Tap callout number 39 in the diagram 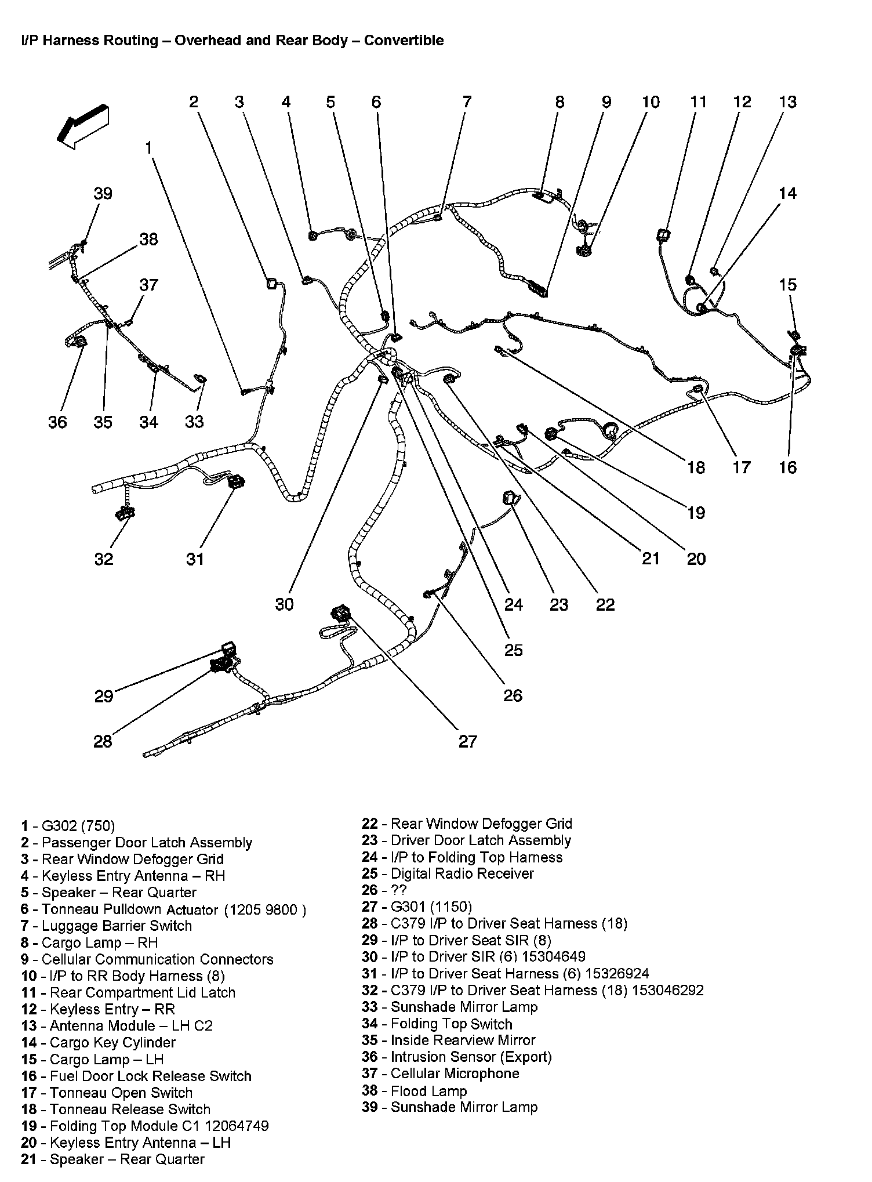[x=103, y=194]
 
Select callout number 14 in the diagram [x=787, y=194]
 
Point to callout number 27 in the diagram [x=467, y=741]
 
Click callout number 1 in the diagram [x=148, y=148]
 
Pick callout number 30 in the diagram [x=284, y=604]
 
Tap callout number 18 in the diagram [x=696, y=467]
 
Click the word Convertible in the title [x=404, y=41]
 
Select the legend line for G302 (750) [x=68, y=826]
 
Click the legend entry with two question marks [x=384, y=890]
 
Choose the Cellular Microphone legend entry [x=441, y=1074]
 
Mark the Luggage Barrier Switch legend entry [x=107, y=926]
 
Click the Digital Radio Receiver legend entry [x=448, y=873]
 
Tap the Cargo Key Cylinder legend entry [x=99, y=1042]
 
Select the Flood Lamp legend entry [x=415, y=1091]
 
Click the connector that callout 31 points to [x=236, y=481]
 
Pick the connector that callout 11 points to [x=663, y=236]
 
